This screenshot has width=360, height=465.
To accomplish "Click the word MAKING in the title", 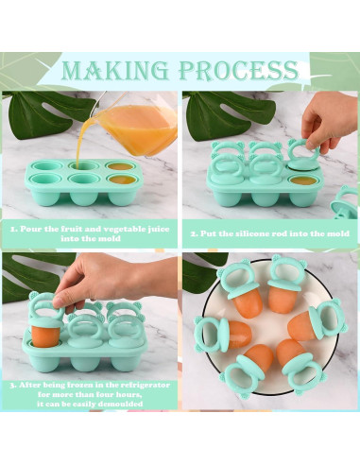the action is point(115,70).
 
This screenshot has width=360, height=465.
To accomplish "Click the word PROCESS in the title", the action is point(238,70).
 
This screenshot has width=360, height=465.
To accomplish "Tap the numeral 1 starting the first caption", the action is point(13,229).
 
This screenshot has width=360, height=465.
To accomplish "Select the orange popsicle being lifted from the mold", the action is point(45,336).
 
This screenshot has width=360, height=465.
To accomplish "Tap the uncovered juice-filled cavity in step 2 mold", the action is point(302,181).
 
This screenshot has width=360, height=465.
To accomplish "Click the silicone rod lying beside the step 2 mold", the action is point(345,203).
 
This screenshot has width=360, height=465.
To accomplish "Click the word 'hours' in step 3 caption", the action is point(128,394).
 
